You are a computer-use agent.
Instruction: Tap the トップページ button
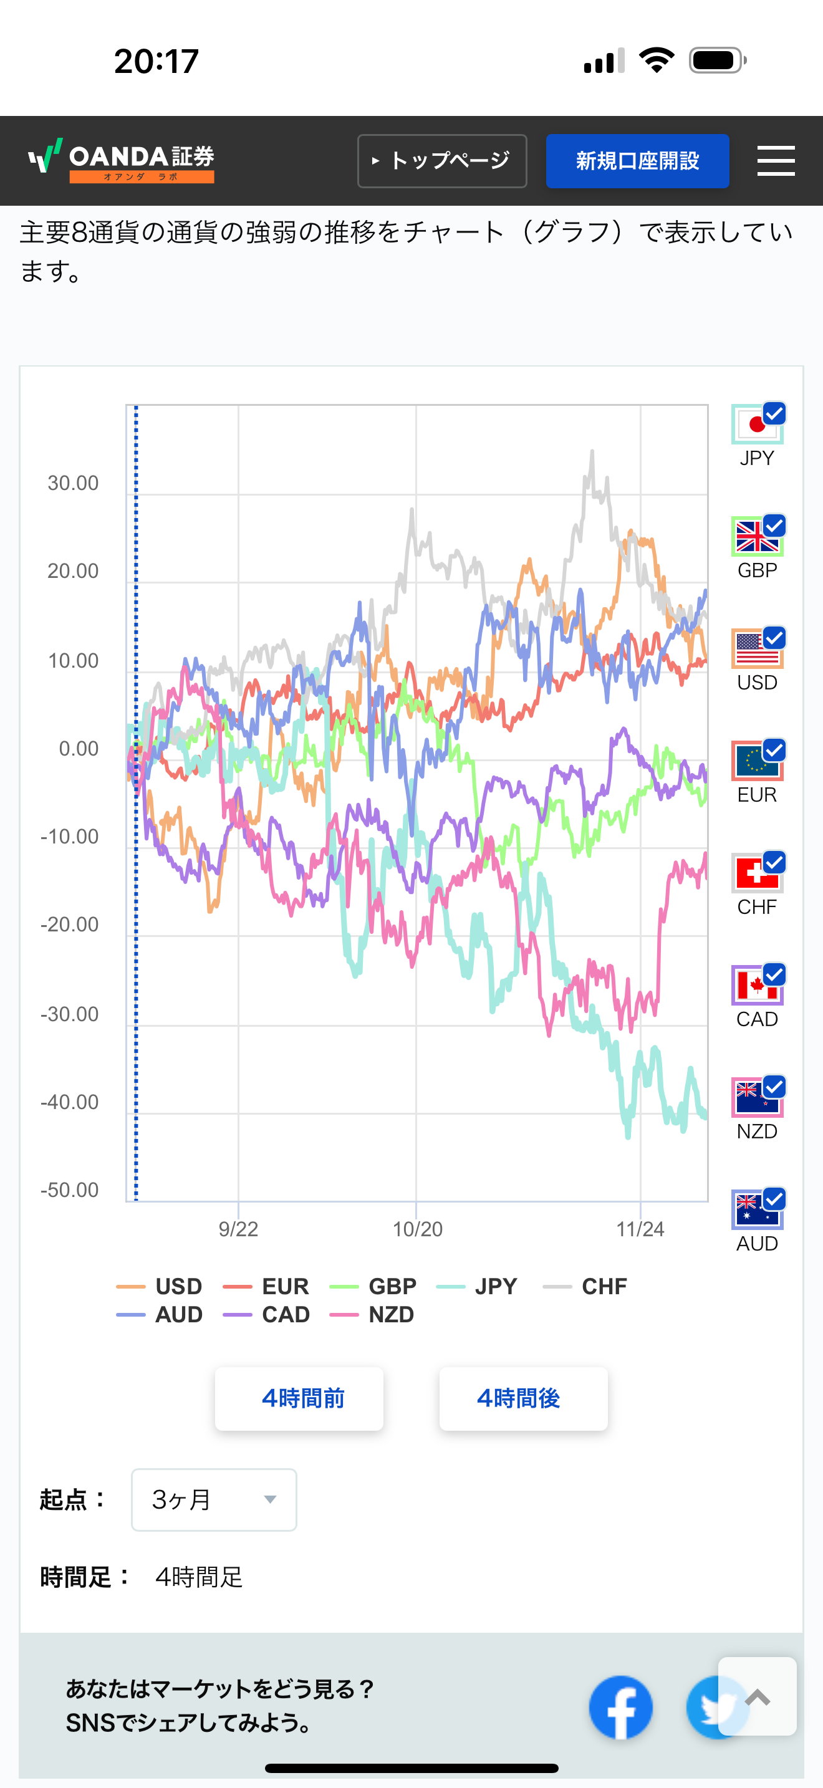(x=442, y=161)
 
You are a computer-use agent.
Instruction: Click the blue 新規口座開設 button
(x=637, y=161)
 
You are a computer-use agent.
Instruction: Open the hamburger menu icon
(x=775, y=161)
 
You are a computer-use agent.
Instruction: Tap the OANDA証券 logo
(x=122, y=160)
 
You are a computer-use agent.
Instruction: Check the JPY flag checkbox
(x=757, y=424)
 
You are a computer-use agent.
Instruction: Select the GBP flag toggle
(x=757, y=537)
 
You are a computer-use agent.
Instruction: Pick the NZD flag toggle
(x=757, y=1097)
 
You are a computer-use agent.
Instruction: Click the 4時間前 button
(x=299, y=1398)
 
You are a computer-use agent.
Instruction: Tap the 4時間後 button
(x=523, y=1398)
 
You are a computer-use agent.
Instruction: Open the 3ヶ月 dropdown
(x=214, y=1499)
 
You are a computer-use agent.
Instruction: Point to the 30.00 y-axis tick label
(x=73, y=483)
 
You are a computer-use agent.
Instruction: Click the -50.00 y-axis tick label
(x=69, y=1190)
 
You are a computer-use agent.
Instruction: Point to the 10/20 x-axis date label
(x=417, y=1229)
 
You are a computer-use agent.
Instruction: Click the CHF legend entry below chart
(x=585, y=1286)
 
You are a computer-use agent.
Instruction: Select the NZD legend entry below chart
(x=373, y=1314)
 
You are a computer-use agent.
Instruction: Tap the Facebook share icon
(x=620, y=1707)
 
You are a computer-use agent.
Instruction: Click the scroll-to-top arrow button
(x=757, y=1696)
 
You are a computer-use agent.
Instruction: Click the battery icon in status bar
(x=717, y=60)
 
